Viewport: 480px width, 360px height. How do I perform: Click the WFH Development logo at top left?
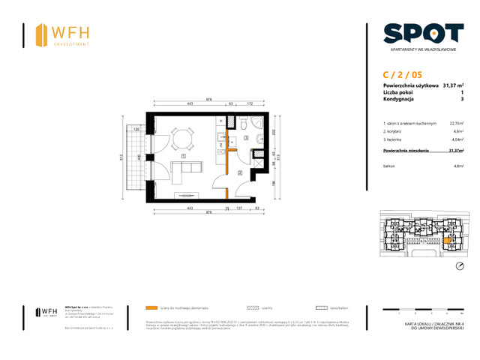click(63, 34)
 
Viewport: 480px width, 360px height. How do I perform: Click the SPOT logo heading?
click(422, 34)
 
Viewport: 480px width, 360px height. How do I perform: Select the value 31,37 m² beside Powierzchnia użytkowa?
click(452, 85)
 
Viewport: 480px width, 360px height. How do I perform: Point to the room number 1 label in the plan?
click(183, 156)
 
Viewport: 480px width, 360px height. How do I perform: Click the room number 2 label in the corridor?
click(239, 173)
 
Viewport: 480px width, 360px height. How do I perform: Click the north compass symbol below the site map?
click(459, 266)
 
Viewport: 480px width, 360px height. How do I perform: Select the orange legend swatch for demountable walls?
click(152, 307)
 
